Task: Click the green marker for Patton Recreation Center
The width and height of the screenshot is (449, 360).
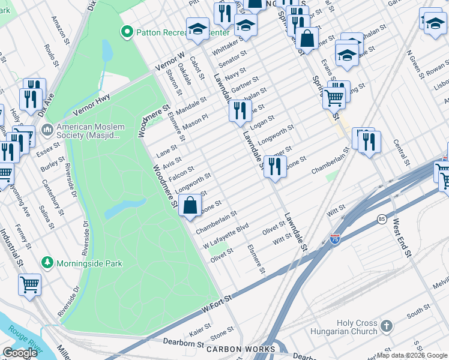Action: [127, 32]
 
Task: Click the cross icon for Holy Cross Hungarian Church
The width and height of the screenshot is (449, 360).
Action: [387, 327]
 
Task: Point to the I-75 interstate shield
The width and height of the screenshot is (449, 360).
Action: [335, 239]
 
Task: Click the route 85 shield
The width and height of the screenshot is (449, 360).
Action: [382, 220]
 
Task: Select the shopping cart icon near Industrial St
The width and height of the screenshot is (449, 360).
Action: [29, 284]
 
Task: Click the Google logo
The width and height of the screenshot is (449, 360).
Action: [20, 353]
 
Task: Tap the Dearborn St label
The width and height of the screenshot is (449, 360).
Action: [184, 343]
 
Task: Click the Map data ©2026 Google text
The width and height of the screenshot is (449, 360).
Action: [411, 355]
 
